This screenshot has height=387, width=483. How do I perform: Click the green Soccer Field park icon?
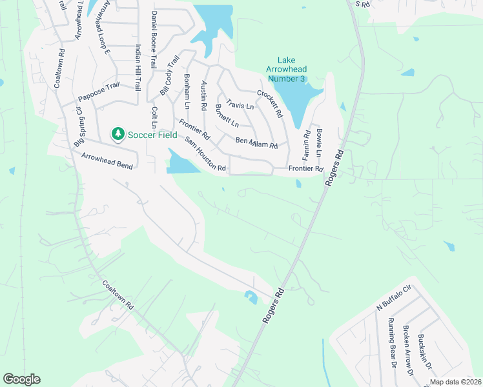(x=118, y=134)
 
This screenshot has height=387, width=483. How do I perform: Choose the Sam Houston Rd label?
(x=205, y=155)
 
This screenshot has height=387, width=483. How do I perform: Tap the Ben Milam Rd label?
(x=256, y=143)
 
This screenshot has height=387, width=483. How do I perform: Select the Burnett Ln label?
(x=227, y=115)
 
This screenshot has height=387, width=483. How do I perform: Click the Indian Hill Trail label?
(x=138, y=66)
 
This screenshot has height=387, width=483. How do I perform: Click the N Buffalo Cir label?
(x=394, y=300)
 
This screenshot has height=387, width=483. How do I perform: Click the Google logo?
(x=21, y=379)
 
